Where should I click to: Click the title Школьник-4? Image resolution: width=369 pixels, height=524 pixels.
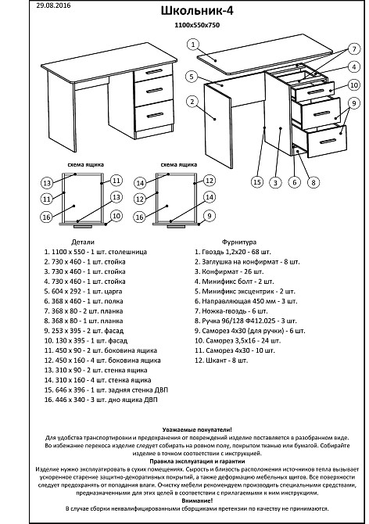point(197,11)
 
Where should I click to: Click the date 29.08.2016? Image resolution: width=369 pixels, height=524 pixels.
point(53,5)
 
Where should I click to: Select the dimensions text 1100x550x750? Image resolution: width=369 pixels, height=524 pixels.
point(197,25)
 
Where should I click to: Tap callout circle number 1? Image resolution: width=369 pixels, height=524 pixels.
point(193,45)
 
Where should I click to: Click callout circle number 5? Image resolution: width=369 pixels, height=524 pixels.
point(192,77)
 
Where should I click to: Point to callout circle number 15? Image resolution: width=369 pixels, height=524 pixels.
point(256,182)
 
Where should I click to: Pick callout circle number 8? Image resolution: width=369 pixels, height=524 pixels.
point(313,182)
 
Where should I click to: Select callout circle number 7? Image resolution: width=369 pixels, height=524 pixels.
point(354,49)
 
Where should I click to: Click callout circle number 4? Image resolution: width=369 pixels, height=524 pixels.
point(354,66)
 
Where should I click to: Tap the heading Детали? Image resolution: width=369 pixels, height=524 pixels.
point(83,242)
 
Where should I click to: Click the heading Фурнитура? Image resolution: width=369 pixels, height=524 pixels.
point(239,242)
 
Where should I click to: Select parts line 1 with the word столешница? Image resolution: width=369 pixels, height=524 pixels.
point(95,252)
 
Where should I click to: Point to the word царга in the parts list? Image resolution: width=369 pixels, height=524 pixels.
point(113,292)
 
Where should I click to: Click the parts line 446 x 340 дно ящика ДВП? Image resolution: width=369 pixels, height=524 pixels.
point(101,400)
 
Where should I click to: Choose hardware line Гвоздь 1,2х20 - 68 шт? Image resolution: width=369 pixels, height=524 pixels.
point(233,252)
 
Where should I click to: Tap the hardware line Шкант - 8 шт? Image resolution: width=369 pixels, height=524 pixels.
point(221,361)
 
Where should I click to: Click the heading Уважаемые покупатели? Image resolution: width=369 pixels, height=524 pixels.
point(197,430)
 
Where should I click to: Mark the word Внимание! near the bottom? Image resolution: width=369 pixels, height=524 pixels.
point(197,501)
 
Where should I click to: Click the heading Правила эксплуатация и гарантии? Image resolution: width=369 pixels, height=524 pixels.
point(197,461)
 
